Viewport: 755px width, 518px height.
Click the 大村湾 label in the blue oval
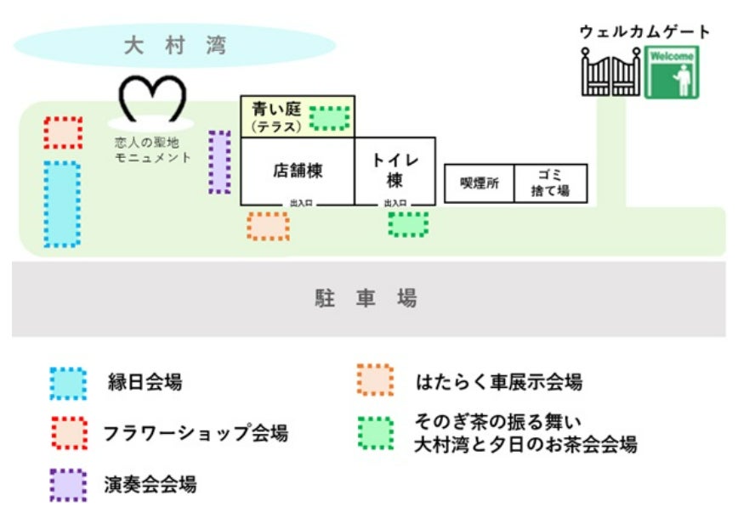[x=174, y=45]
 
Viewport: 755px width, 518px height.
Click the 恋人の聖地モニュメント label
[x=152, y=149]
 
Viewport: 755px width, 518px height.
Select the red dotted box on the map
[x=63, y=133]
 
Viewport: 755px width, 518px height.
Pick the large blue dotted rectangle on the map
[x=62, y=204]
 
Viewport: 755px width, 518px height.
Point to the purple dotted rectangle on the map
[x=219, y=161]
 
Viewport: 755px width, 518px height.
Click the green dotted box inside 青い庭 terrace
[x=329, y=118]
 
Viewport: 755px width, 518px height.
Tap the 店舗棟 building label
[x=298, y=170]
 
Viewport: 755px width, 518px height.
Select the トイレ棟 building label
[x=395, y=170]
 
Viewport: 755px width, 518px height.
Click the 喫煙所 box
[x=480, y=183]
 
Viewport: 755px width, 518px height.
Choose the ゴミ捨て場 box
[x=550, y=183]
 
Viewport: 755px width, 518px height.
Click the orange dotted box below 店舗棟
[x=268, y=226]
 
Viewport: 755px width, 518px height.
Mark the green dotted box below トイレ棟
[x=408, y=224]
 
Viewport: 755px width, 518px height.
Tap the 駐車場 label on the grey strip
[x=366, y=299]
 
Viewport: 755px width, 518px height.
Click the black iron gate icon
[x=610, y=71]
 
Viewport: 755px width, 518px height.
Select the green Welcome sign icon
[x=672, y=72]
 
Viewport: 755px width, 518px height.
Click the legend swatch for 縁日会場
[x=68, y=384]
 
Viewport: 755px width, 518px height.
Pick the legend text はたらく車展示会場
[x=499, y=381]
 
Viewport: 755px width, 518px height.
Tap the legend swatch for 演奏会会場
[x=68, y=485]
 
